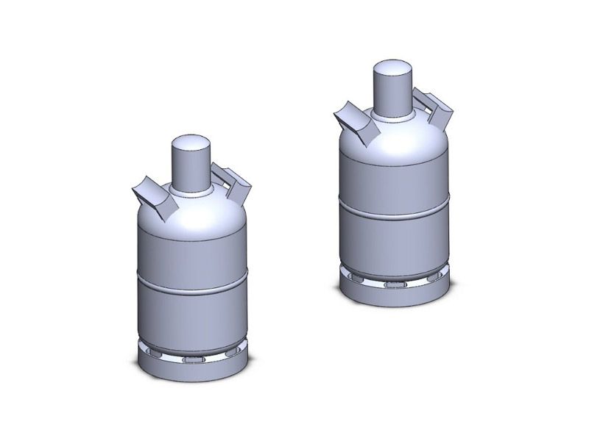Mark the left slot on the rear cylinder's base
tap(355, 279)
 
